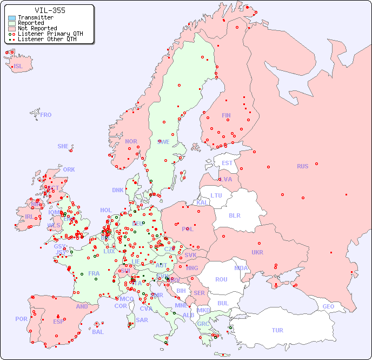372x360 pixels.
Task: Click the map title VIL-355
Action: [x=50, y=10]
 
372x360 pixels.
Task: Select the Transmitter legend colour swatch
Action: [x=12, y=18]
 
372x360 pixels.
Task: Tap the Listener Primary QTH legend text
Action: [x=50, y=34]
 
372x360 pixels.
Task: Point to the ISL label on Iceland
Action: [x=18, y=67]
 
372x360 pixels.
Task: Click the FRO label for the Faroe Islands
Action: [x=46, y=115]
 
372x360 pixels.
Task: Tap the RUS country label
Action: [x=302, y=166]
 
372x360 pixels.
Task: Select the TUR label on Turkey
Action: [x=277, y=330]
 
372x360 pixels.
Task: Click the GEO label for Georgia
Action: [x=328, y=306]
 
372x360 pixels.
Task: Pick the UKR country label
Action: [x=257, y=252]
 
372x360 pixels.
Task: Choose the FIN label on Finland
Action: [x=226, y=115]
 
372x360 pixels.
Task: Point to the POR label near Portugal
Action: [x=21, y=319]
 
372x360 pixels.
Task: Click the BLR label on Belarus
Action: [x=235, y=215]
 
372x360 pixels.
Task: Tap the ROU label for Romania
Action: [x=221, y=279]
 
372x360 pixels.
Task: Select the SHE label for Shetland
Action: [x=63, y=146]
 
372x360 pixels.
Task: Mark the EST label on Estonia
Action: [x=227, y=163]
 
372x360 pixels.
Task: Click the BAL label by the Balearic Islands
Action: [x=98, y=332]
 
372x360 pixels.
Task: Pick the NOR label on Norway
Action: [x=131, y=141]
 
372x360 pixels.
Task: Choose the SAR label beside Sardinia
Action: [x=142, y=320]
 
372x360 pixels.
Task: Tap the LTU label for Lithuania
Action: [x=216, y=195]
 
